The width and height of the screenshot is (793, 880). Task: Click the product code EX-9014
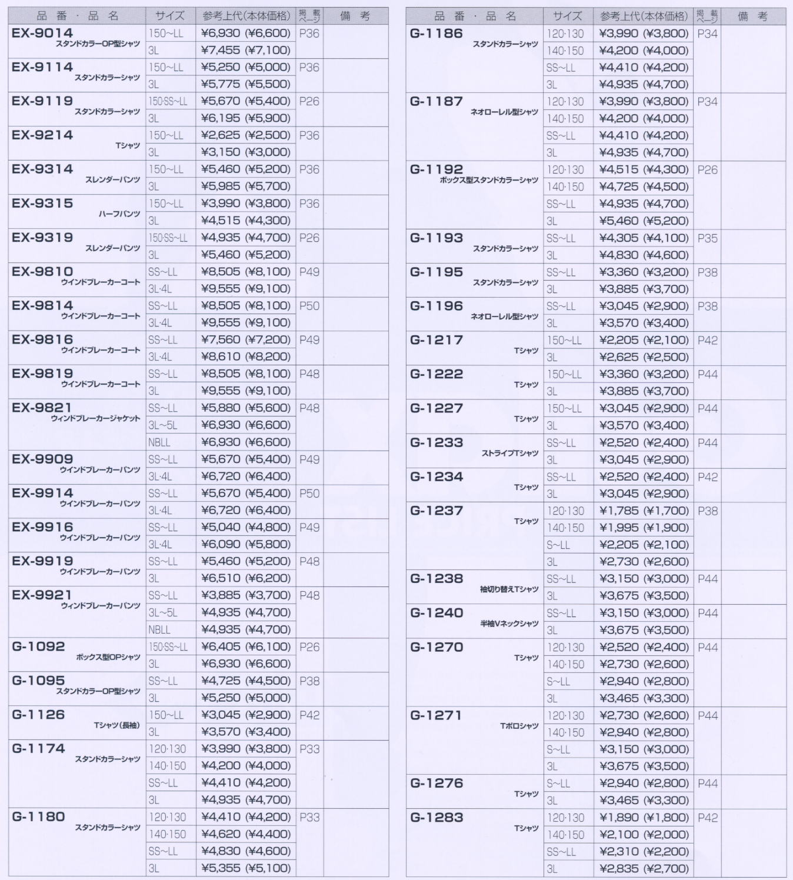tap(42, 33)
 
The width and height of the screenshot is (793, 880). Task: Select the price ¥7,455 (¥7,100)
tap(246, 51)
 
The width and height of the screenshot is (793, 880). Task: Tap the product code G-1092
tap(38, 646)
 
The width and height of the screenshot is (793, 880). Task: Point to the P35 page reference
tap(707, 238)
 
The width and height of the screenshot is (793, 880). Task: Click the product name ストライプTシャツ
tap(510, 453)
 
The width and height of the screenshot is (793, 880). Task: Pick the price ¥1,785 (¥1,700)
tap(644, 511)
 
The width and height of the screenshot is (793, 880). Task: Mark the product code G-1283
tap(437, 817)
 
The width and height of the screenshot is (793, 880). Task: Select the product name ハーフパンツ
tap(119, 214)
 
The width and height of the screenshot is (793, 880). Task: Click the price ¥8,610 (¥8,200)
tap(246, 356)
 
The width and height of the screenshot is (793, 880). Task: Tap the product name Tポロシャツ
tap(519, 726)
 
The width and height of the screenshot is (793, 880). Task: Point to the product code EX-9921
tap(42, 595)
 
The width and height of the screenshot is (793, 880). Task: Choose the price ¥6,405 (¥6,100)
tap(246, 646)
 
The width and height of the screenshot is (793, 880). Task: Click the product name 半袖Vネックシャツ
tap(509, 624)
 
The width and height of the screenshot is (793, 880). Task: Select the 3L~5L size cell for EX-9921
tap(162, 612)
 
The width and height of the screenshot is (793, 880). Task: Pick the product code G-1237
tap(437, 511)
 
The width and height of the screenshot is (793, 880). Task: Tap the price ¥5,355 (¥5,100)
tap(246, 868)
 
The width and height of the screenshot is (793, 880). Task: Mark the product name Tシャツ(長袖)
tap(116, 725)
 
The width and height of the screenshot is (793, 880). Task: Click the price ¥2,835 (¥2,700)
tap(644, 868)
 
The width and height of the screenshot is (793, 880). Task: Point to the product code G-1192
tap(437, 169)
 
